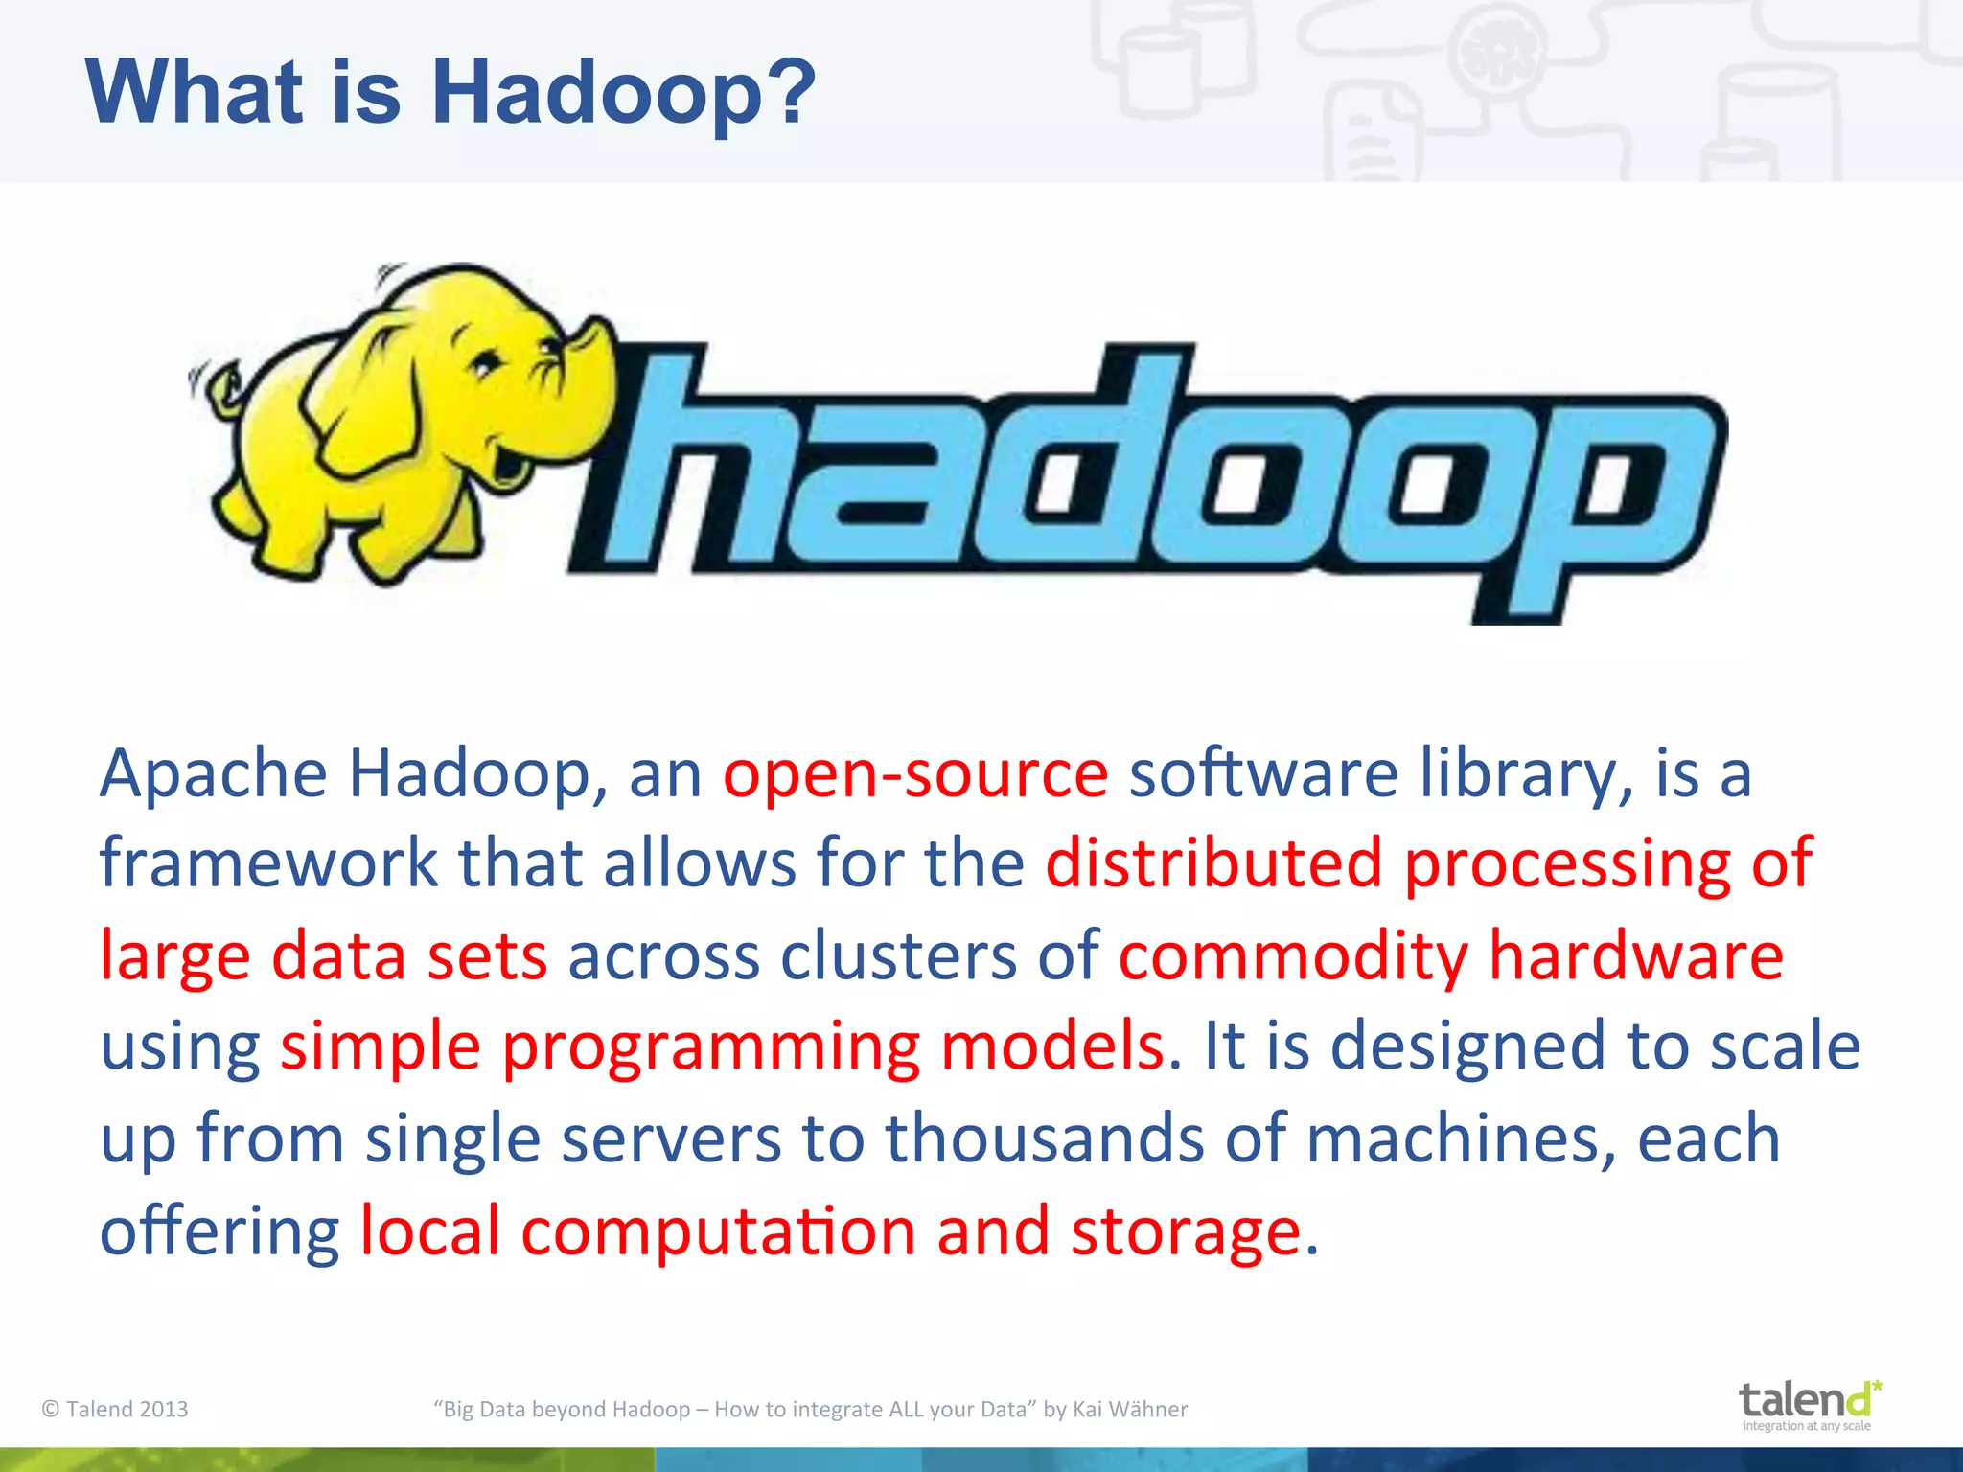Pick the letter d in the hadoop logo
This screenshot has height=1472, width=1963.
1083,460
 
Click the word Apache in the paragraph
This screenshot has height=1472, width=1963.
213,774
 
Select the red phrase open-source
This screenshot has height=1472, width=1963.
915,774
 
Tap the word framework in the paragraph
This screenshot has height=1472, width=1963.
268,863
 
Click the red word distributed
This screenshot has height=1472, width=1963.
1213,863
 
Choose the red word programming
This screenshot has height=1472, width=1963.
710,1047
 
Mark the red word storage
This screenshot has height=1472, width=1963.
1185,1231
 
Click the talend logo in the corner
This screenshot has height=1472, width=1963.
1808,1405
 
